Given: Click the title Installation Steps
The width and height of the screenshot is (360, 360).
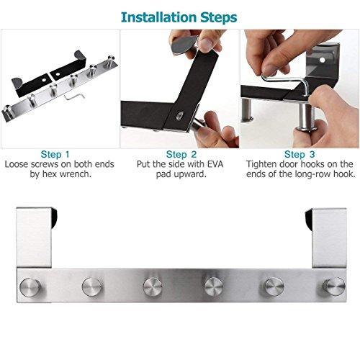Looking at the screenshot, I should [x=180, y=15].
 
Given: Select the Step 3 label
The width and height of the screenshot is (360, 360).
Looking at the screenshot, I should [x=300, y=153].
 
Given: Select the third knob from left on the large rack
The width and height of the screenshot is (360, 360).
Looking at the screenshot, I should [x=153, y=287].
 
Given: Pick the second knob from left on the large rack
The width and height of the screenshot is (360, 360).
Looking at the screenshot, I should [x=92, y=287].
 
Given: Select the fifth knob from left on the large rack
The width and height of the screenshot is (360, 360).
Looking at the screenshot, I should [x=274, y=287].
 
